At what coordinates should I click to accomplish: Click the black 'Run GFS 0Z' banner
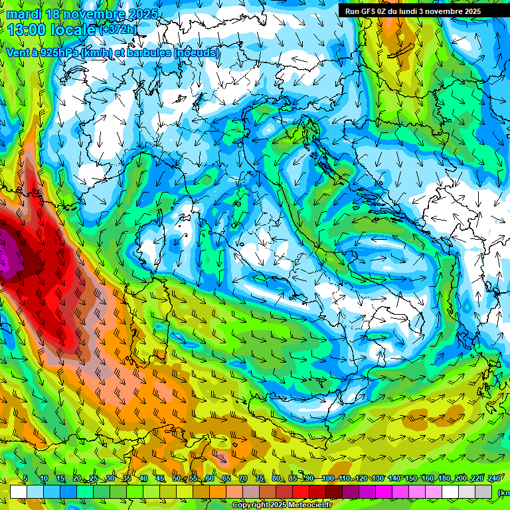coord(422,11)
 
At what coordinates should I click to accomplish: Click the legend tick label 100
coord(328,479)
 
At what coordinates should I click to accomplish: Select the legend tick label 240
coord(494,479)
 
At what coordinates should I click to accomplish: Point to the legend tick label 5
coord(25,479)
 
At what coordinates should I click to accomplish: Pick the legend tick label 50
coord(177,479)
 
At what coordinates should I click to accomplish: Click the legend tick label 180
coord(442,479)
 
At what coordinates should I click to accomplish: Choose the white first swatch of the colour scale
coord(19,492)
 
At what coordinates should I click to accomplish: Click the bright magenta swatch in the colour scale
coord(384,492)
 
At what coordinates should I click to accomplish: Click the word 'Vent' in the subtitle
coord(18,52)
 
